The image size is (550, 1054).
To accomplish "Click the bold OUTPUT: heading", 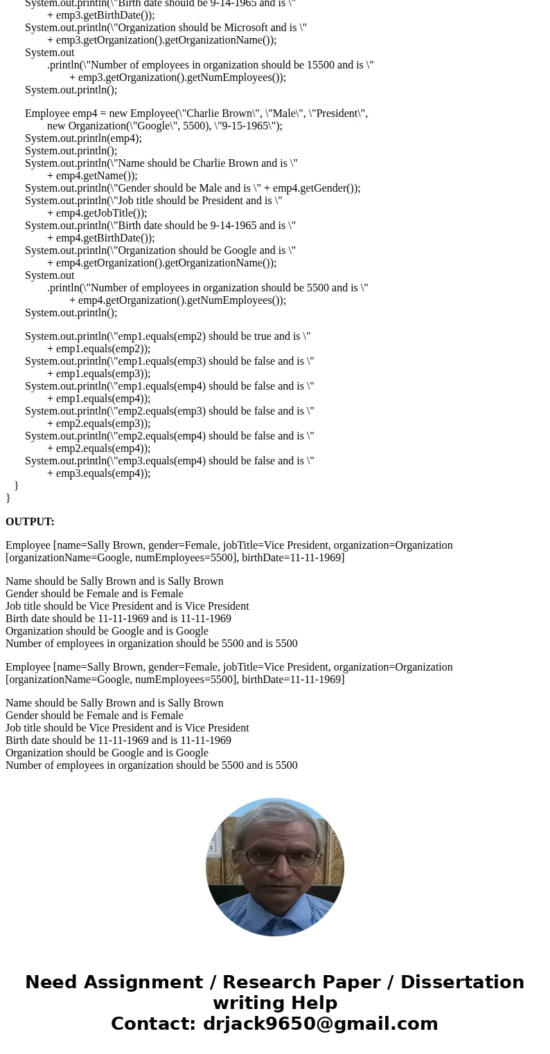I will click(30, 522).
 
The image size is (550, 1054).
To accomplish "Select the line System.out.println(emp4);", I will click(83, 138).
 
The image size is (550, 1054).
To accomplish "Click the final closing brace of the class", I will click(8, 498).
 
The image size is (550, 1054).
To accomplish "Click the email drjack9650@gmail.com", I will click(320, 1024).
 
